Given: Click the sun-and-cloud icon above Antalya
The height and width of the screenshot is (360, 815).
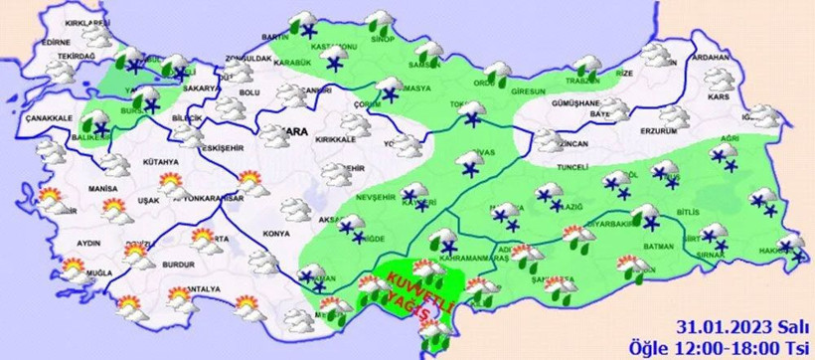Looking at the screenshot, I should click(x=180, y=295).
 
